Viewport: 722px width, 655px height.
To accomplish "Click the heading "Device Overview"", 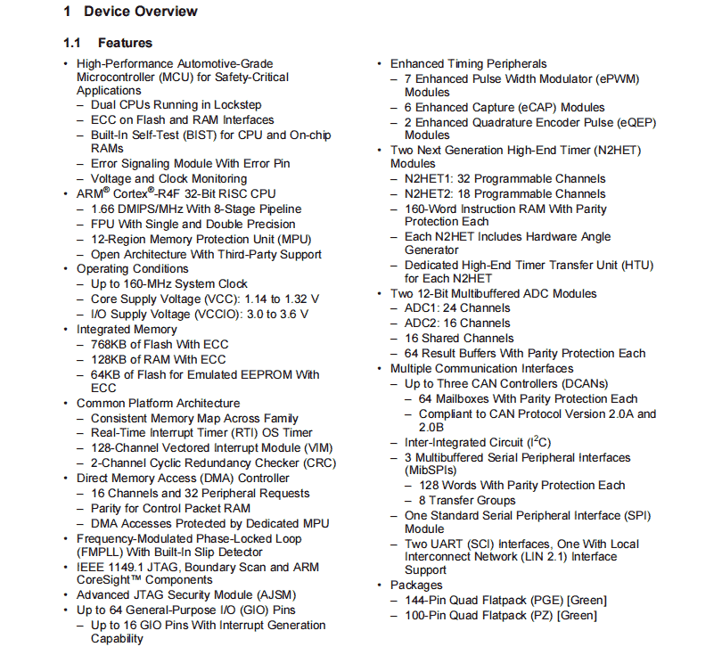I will [141, 12].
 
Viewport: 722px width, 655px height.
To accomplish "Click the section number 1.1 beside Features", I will [72, 43].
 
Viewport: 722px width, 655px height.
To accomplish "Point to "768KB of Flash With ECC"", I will [160, 344].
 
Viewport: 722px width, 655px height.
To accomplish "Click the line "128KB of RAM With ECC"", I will [158, 359].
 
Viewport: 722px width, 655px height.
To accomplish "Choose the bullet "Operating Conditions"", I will [132, 268].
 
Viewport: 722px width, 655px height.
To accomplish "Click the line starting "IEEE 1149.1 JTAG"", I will [195, 567].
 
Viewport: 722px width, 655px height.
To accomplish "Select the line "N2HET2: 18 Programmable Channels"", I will [505, 193].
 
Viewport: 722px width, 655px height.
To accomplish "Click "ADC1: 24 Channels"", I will [457, 307].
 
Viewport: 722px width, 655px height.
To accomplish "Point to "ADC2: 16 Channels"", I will [457, 323].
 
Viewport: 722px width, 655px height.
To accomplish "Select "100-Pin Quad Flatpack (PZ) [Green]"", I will [500, 615].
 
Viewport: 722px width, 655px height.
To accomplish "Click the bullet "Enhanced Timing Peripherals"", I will [468, 64].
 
